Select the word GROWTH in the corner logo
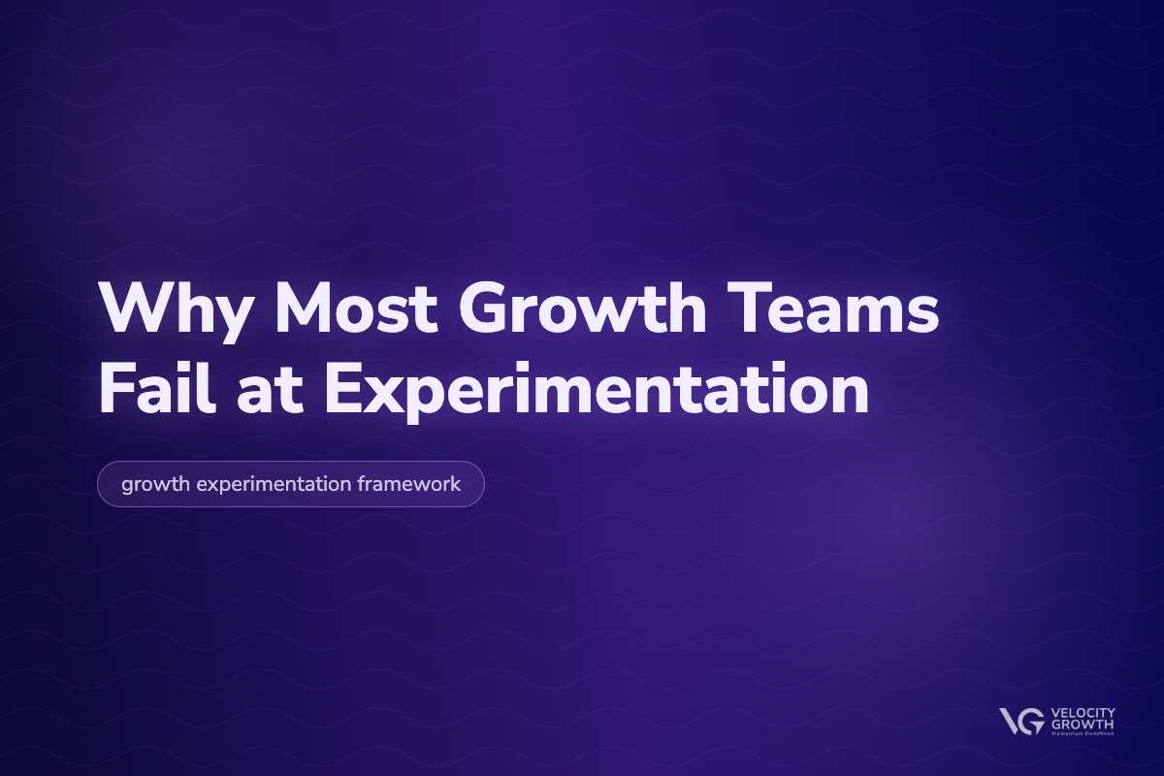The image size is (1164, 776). click(1079, 724)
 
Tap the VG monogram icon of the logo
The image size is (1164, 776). click(1021, 721)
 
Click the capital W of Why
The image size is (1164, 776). click(132, 308)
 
